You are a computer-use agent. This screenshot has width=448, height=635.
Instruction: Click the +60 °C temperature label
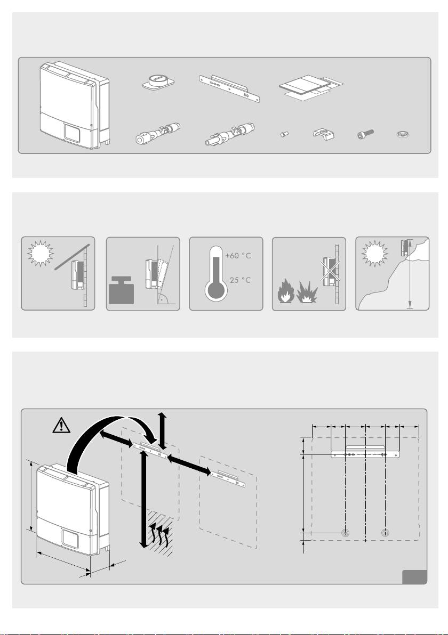point(237,256)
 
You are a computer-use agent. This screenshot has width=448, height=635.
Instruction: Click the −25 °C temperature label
point(237,280)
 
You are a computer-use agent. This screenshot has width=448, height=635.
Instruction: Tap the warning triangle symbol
point(62,425)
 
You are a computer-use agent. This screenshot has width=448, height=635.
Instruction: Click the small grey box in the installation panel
point(414,576)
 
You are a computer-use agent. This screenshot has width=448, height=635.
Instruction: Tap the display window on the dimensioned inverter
point(69,538)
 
